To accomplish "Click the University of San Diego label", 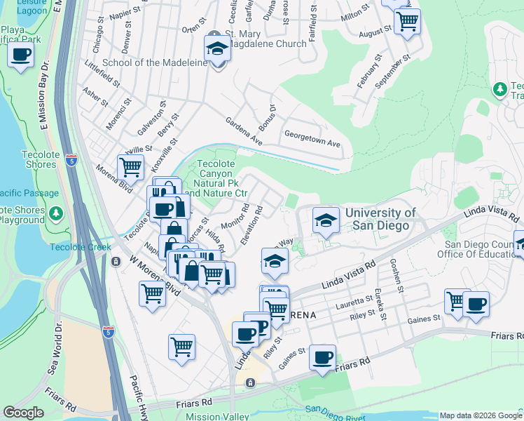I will point(380,220).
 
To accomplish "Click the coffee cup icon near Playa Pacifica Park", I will point(21,55).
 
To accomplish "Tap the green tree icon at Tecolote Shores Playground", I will point(57,213).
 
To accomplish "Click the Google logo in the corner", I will point(23,413).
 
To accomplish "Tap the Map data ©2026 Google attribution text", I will point(480,415).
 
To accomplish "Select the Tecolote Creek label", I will point(76,247).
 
